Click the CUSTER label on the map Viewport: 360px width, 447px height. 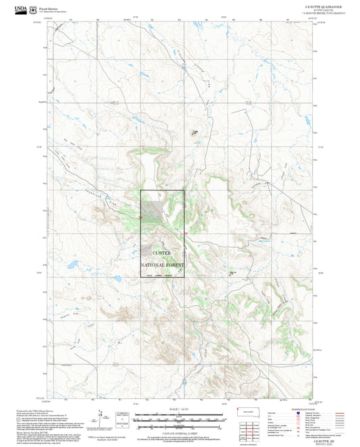point(162,253)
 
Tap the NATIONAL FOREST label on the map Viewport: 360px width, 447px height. point(162,265)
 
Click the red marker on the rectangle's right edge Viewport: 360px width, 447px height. point(184,234)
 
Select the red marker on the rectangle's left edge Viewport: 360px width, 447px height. point(140,217)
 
